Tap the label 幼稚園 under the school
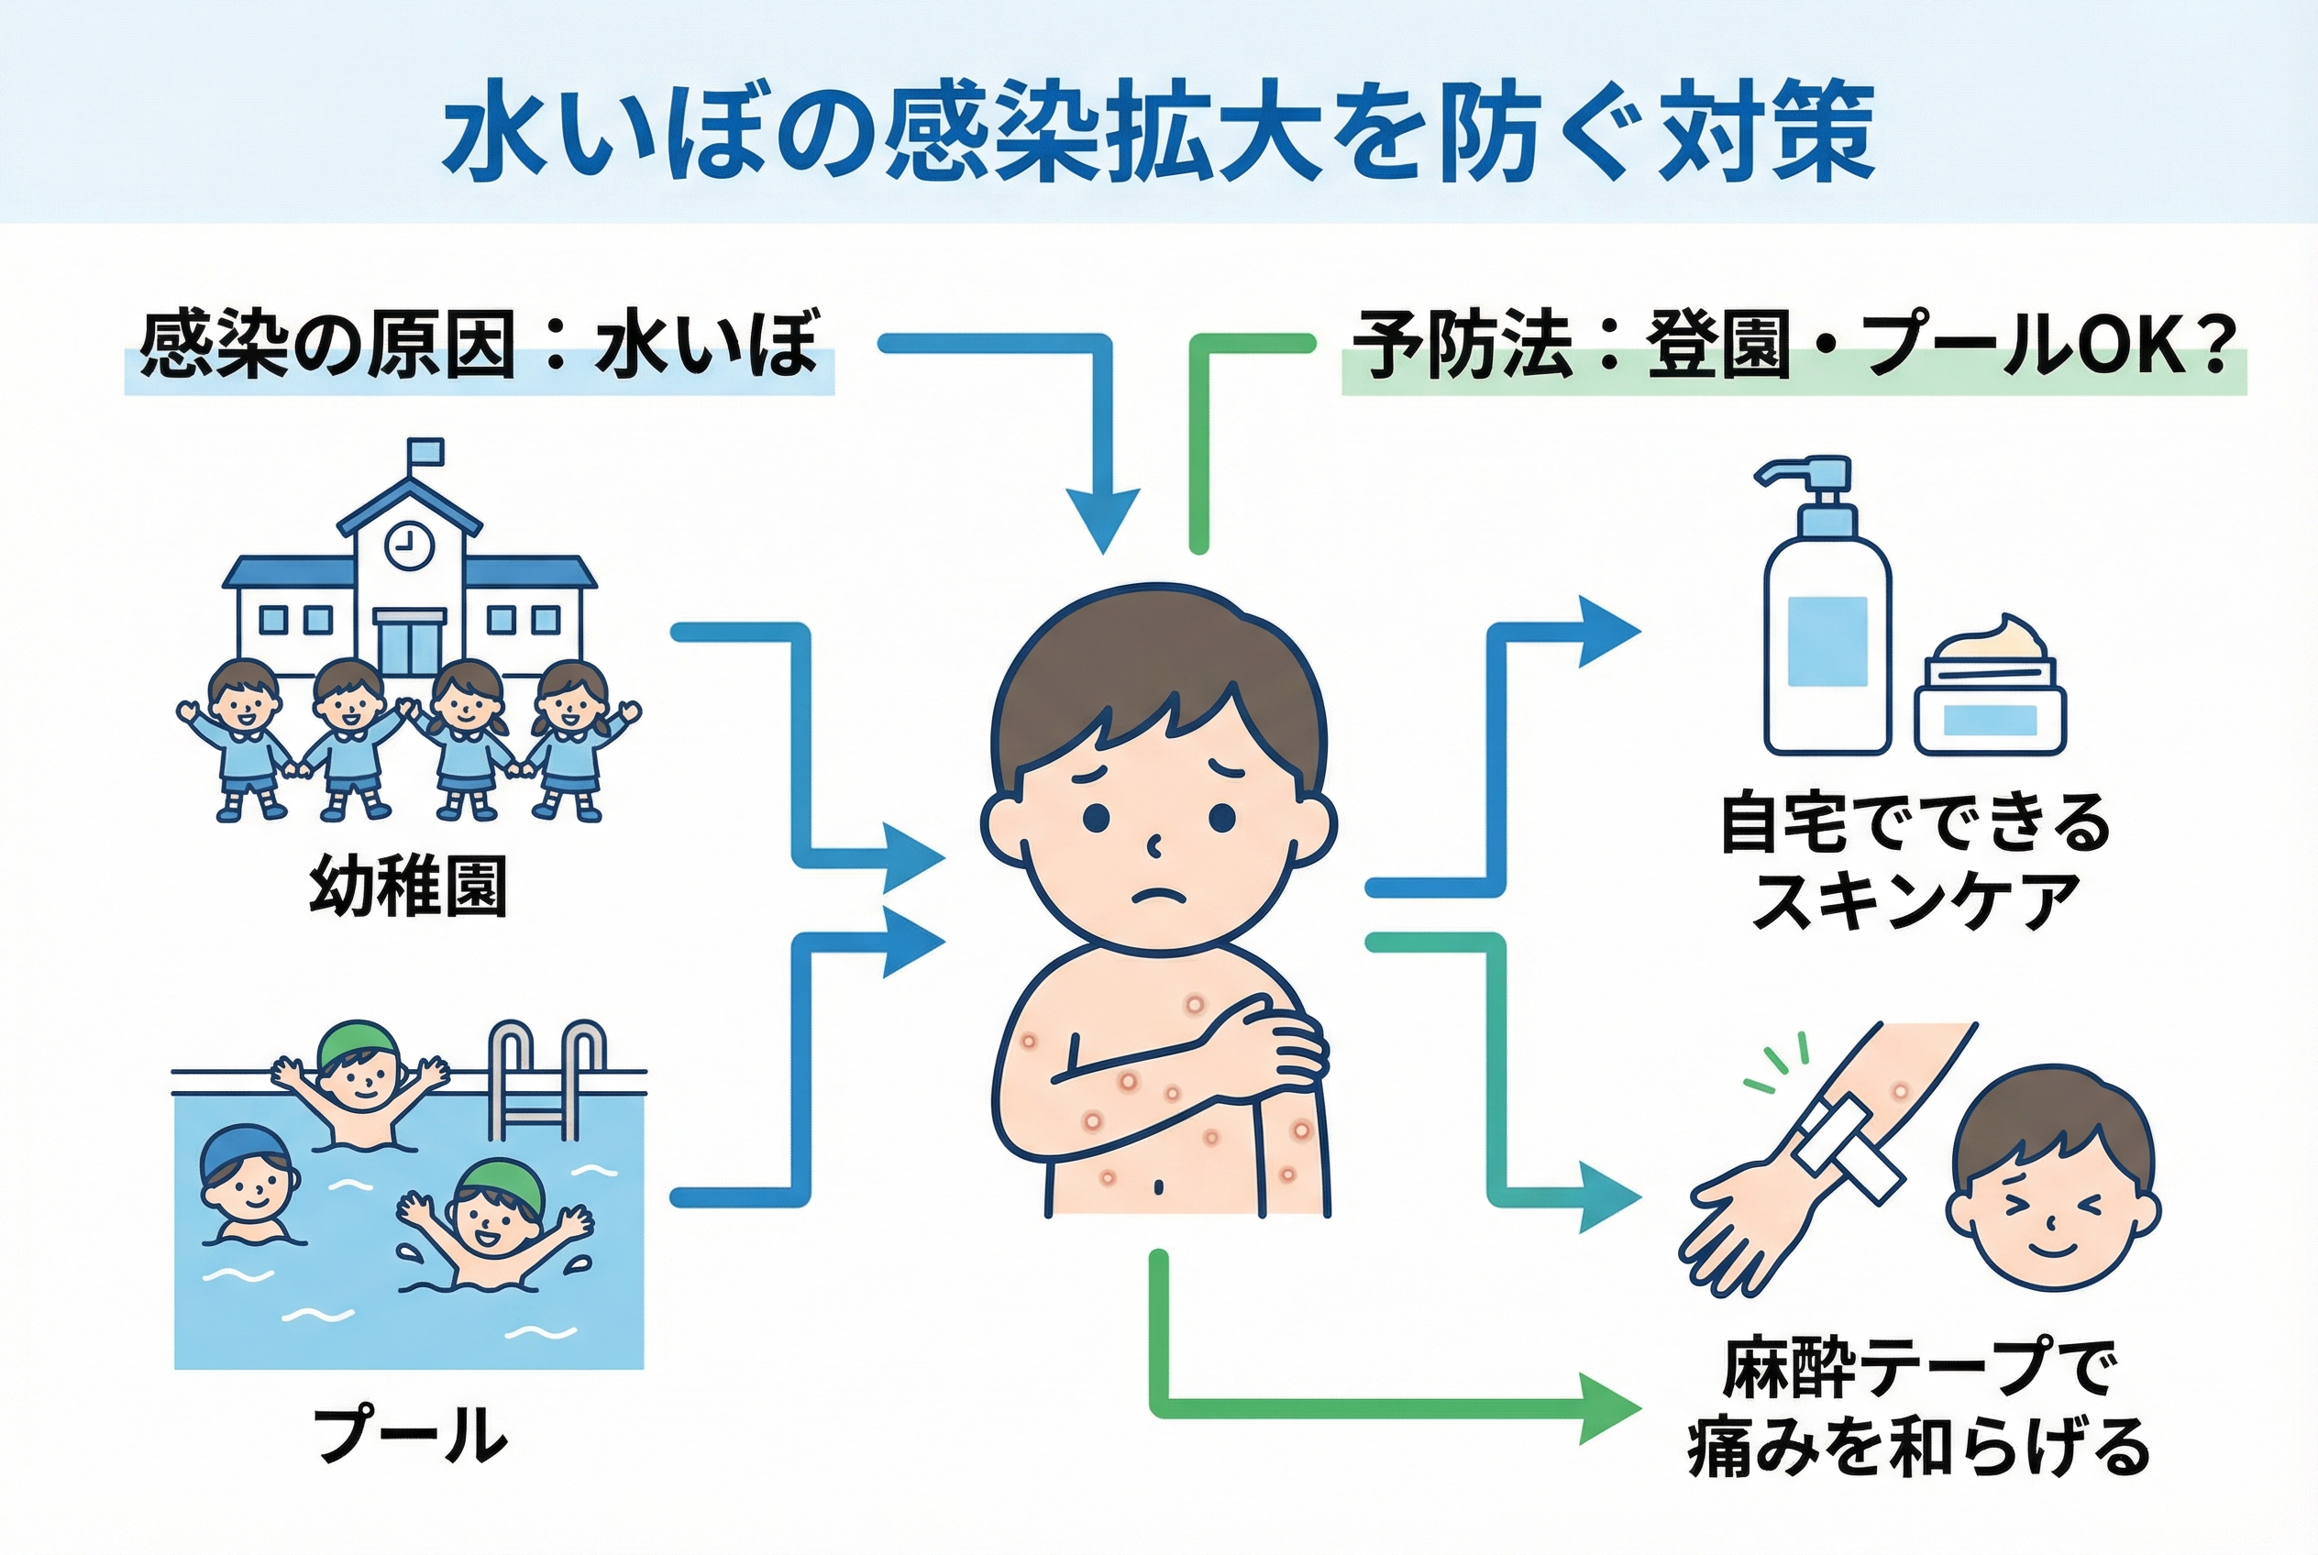(x=408, y=885)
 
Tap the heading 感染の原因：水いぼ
(x=479, y=347)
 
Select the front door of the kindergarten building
(x=410, y=644)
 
